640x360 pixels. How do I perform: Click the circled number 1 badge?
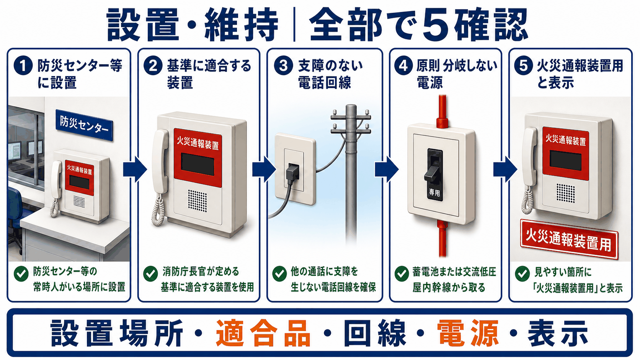[x=23, y=66]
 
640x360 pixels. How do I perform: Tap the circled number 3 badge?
[x=283, y=66]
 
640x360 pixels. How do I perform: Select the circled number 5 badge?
[x=523, y=66]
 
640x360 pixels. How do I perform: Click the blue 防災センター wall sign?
[x=84, y=125]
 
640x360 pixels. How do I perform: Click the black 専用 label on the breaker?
[x=434, y=192]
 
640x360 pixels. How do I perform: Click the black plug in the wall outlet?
[x=292, y=172]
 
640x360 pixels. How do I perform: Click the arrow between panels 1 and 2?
[x=135, y=169]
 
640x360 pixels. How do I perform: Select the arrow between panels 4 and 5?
[x=505, y=169]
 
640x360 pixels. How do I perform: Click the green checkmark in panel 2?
[x=150, y=274]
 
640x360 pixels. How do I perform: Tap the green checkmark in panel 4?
[x=402, y=274]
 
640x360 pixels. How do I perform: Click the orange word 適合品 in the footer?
[x=263, y=333]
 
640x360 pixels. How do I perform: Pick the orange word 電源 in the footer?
[x=468, y=333]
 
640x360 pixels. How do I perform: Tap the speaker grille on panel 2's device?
[x=198, y=201]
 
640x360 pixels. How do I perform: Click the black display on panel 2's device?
[x=198, y=164]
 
